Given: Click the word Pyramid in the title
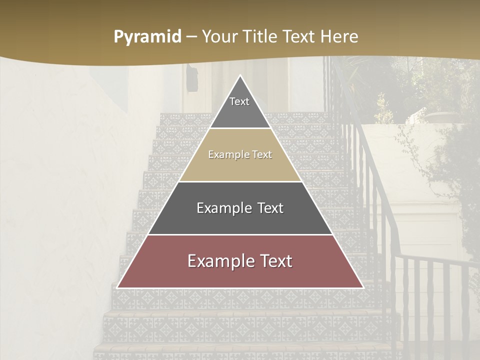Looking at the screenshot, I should (147, 36).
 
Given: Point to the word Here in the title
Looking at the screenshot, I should (339, 36).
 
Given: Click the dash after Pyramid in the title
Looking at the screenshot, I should (191, 36).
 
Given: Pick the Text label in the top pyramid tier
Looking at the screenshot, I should (239, 101).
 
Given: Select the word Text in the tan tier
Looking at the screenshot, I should (261, 154).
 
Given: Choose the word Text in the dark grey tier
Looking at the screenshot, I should (270, 208).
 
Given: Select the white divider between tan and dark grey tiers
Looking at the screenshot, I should (240, 181).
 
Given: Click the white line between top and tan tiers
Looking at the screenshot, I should (240, 128).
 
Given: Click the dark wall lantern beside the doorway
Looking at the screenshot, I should (191, 75).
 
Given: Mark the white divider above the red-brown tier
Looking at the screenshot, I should (240, 234).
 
